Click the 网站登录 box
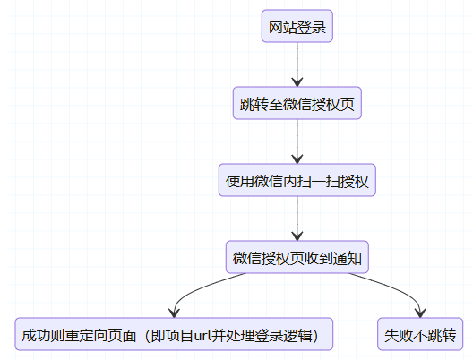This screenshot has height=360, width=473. tap(297, 26)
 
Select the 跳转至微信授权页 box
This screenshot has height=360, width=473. tap(297, 103)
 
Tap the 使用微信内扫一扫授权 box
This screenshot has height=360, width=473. tap(297, 180)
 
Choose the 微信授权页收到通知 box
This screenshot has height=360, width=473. tap(297, 257)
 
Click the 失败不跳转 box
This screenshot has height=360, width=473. tap(420, 334)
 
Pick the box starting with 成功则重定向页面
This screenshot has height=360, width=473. tap(174, 334)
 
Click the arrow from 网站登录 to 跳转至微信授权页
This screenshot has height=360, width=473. tap(297, 64)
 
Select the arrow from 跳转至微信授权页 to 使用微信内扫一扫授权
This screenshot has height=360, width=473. tap(297, 141)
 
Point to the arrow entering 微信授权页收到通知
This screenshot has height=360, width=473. tap(297, 219)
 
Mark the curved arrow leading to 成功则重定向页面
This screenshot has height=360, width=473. tap(198, 289)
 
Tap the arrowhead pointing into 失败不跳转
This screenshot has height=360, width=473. tap(420, 313)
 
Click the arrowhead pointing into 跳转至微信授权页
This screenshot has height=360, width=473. tap(297, 82)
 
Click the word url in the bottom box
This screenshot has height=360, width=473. tap(202, 335)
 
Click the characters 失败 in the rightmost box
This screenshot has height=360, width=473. tap(399, 335)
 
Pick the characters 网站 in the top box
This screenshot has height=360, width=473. tap(283, 28)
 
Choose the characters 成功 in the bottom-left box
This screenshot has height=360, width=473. tap(36, 335)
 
